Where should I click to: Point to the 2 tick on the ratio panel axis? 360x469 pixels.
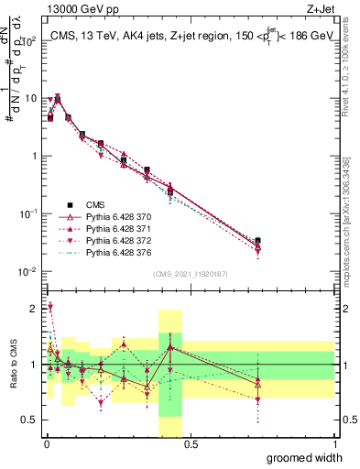(34, 307)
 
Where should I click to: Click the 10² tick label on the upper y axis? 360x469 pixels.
(28, 42)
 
